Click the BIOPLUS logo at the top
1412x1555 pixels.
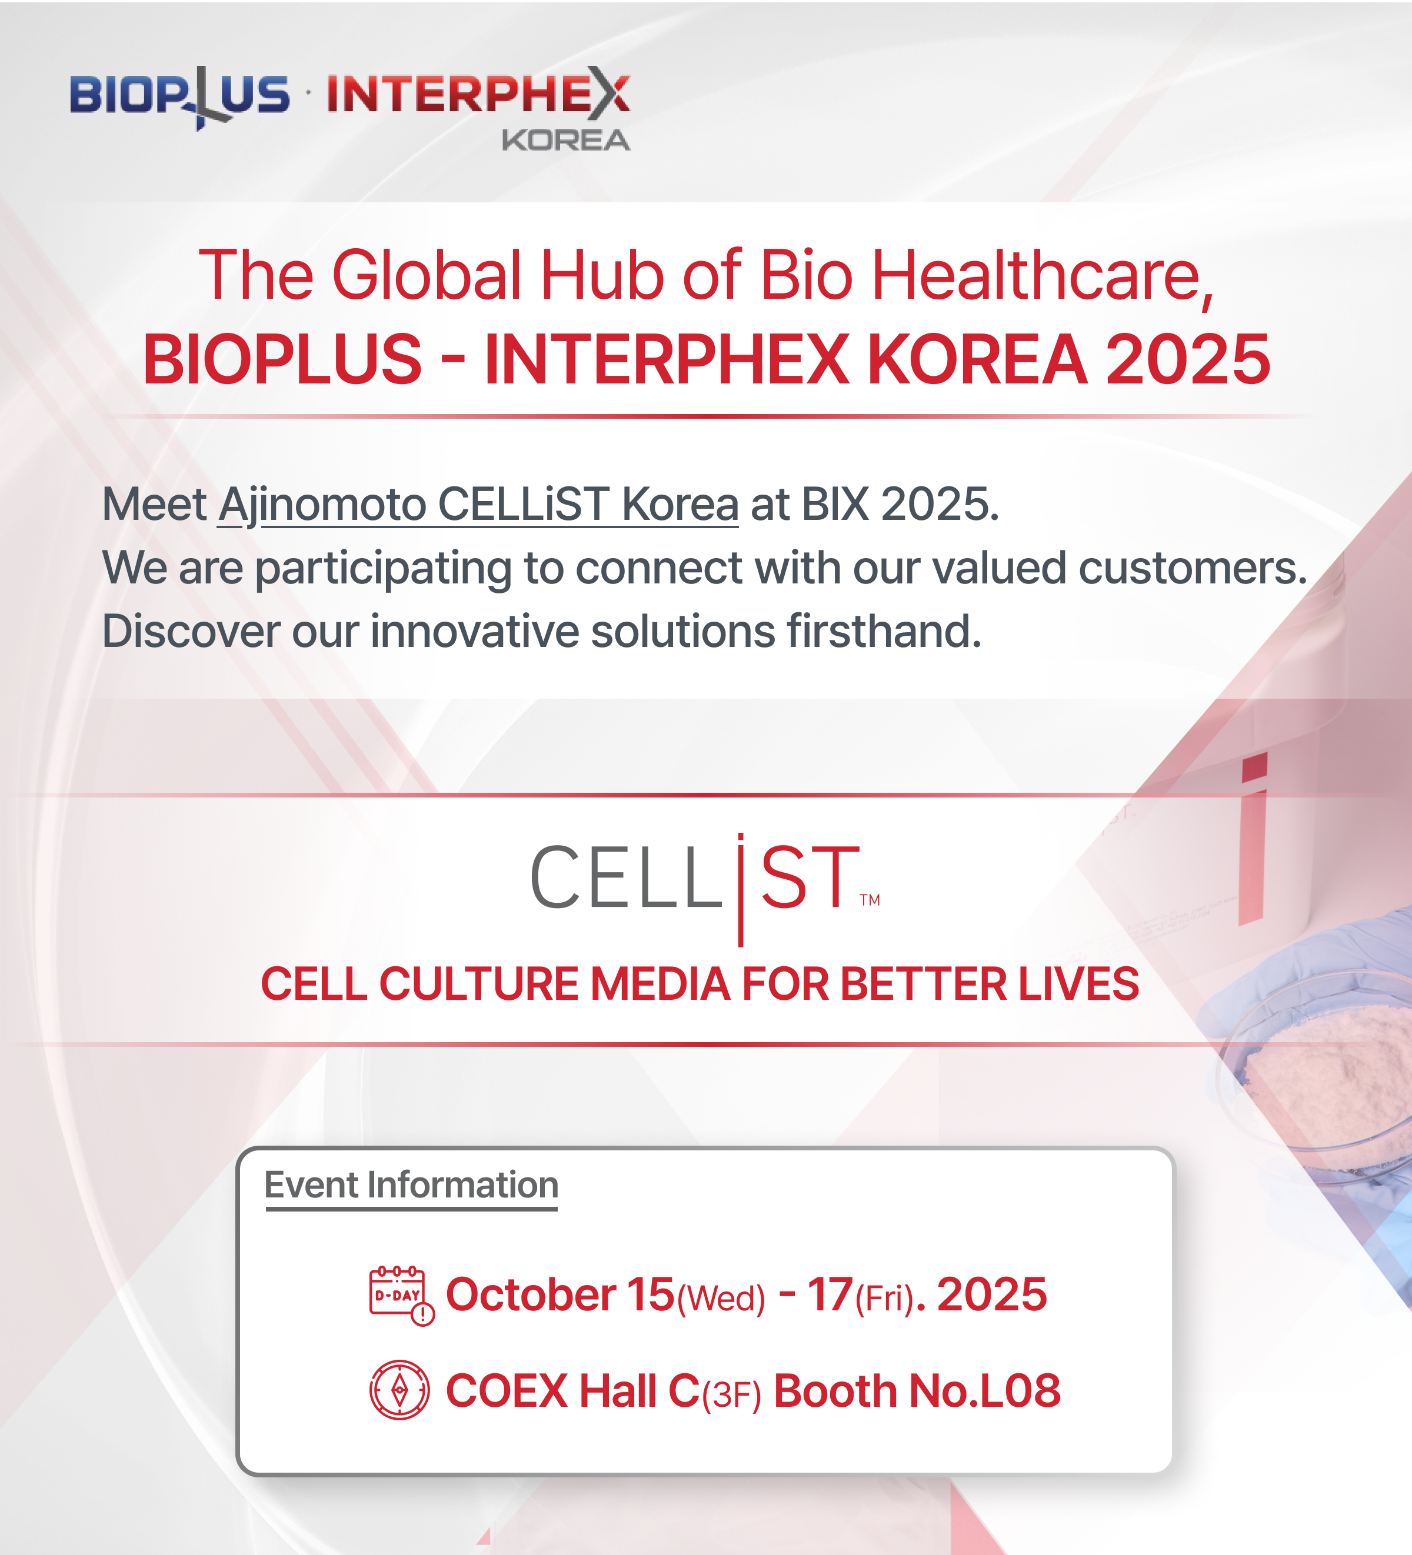pyautogui.click(x=179, y=97)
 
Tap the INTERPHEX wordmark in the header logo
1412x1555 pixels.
pyautogui.click(x=478, y=94)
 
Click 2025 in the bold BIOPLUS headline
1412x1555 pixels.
pyautogui.click(x=1187, y=359)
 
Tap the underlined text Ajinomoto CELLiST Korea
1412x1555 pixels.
pyautogui.click(x=478, y=506)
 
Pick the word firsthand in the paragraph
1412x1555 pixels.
pyautogui.click(x=884, y=631)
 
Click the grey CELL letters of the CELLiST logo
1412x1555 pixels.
pyautogui.click(x=625, y=877)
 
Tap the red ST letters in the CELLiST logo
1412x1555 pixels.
pyautogui.click(x=810, y=877)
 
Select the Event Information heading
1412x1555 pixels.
pyautogui.click(x=411, y=1184)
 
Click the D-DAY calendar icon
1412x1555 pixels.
pyautogui.click(x=401, y=1295)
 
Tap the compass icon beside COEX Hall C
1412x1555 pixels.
pyautogui.click(x=399, y=1390)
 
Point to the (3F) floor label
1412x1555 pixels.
pyautogui.click(x=731, y=1394)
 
